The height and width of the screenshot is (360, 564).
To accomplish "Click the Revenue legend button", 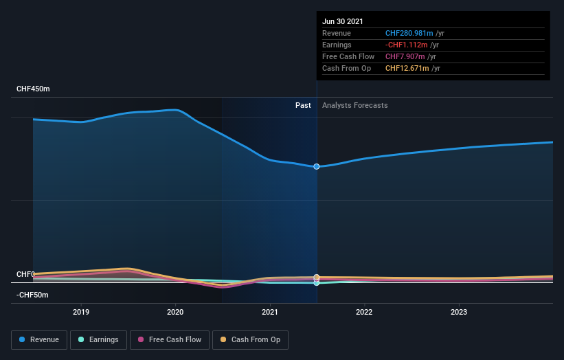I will click(39, 339).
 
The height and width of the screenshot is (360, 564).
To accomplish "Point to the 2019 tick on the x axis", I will click(81, 311).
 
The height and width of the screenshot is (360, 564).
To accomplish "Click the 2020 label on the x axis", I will click(175, 311).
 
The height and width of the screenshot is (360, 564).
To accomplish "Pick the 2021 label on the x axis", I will click(270, 311).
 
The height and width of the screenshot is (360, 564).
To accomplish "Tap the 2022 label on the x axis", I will click(364, 311).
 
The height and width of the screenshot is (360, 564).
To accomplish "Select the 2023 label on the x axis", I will click(458, 311).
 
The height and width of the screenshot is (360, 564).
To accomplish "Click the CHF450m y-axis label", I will click(33, 89).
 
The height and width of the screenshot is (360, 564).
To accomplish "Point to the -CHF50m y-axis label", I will click(32, 295).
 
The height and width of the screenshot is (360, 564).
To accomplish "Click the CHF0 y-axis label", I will click(25, 274).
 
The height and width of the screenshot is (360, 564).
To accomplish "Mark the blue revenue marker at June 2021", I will click(317, 166).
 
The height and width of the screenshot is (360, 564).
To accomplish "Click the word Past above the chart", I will click(303, 106).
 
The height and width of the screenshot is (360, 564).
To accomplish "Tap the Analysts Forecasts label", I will click(354, 106).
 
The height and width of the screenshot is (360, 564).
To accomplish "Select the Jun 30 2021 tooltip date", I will click(343, 22).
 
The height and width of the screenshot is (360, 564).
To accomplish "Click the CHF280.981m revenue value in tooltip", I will click(409, 34).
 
